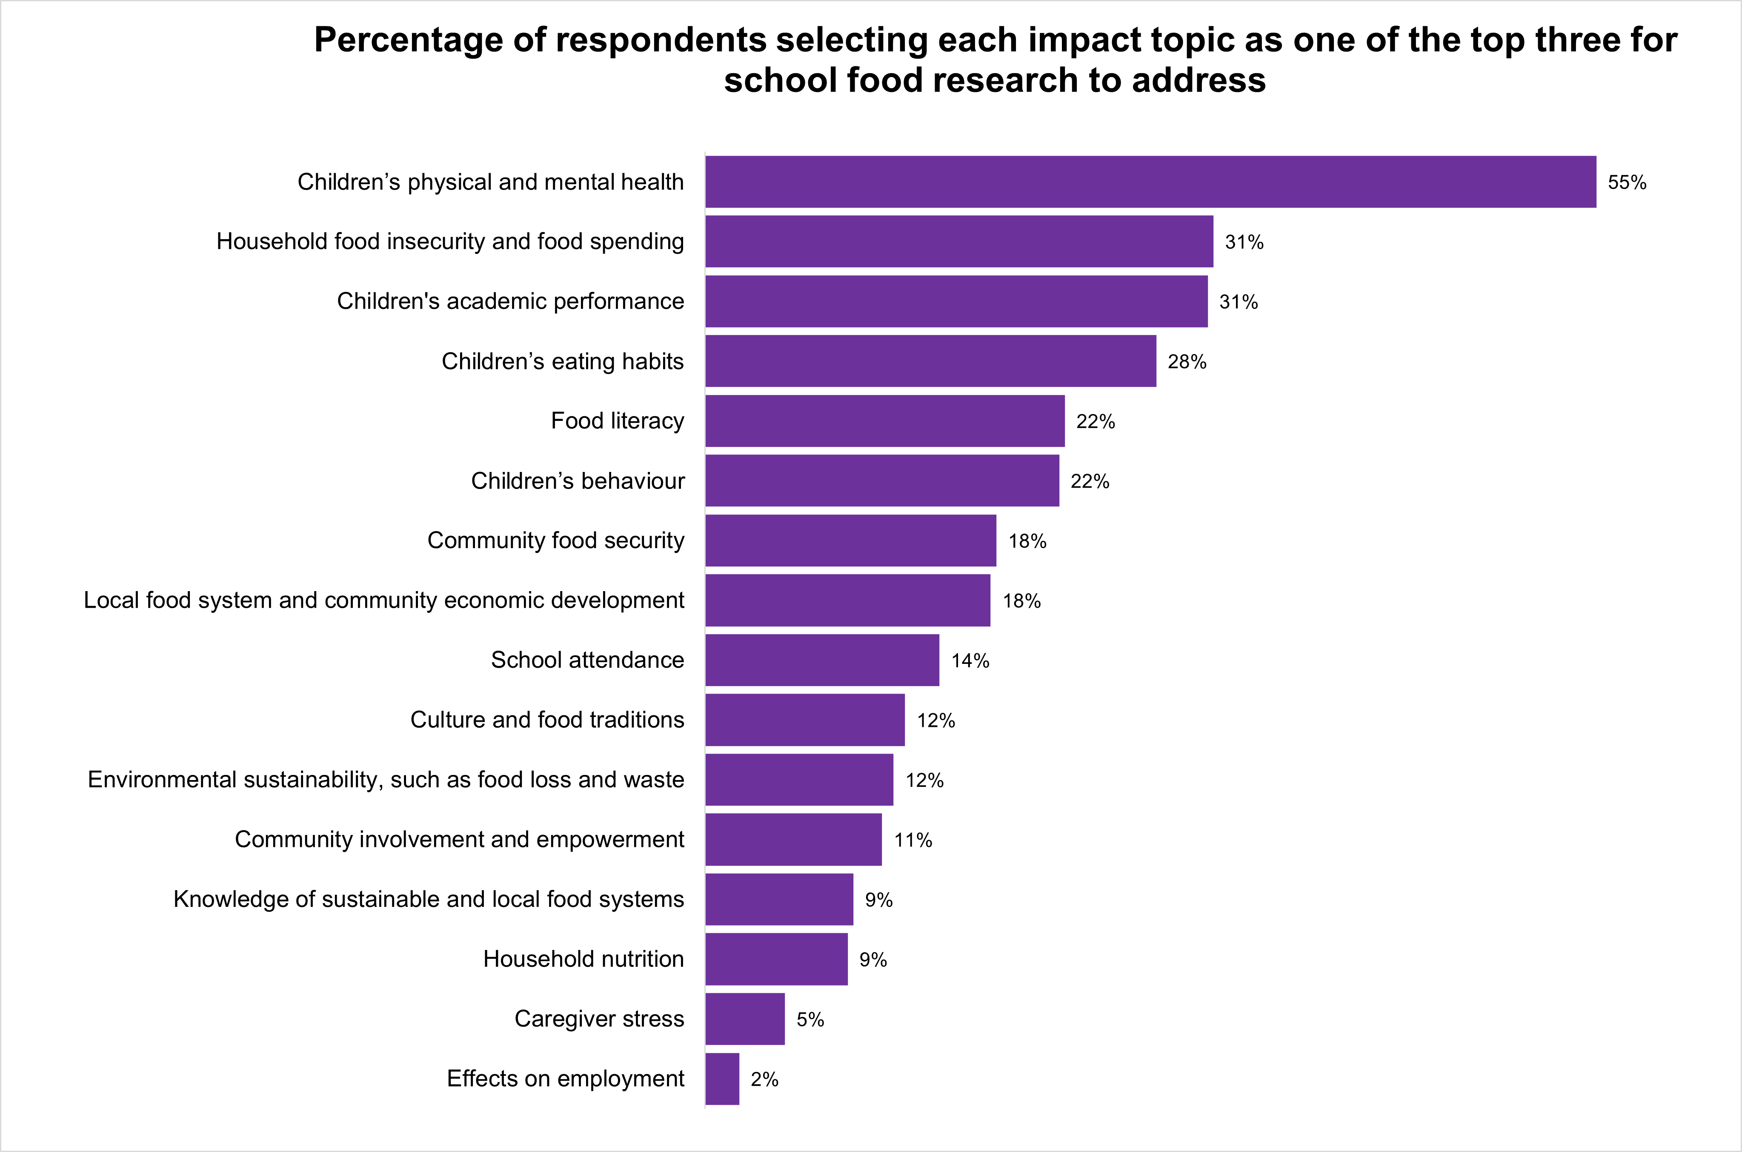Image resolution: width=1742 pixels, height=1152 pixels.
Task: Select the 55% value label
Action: tap(1627, 182)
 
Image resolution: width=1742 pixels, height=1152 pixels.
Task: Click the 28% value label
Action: tap(1187, 361)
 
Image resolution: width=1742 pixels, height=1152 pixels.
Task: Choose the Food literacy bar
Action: tap(884, 421)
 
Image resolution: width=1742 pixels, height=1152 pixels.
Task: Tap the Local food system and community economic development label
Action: tap(383, 600)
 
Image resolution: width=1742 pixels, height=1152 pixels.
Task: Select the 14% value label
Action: tap(970, 660)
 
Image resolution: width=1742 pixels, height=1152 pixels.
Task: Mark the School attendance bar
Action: tap(822, 660)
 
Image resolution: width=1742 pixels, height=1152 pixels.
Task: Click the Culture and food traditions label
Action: tap(546, 720)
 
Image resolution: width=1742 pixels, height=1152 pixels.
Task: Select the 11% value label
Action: tap(912, 840)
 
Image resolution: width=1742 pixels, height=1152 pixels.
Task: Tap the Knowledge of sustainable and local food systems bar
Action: tap(779, 899)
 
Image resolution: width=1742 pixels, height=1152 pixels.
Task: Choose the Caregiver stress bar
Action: tap(745, 1019)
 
